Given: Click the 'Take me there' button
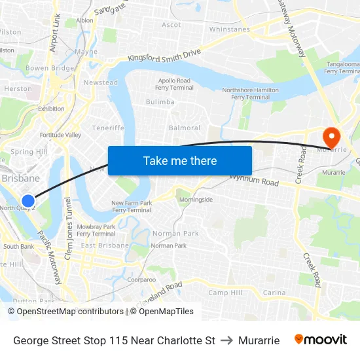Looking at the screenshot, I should [180, 160].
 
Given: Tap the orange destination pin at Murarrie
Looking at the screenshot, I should [332, 137].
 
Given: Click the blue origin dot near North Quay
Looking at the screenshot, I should [27, 201].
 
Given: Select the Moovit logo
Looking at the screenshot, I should [321, 340].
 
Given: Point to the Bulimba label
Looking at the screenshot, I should [160, 102].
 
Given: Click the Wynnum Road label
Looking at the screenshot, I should [253, 179].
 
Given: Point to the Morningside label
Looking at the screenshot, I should [196, 200].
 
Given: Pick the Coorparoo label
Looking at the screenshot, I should [141, 279].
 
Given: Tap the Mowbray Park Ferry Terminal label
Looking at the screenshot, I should [96, 230].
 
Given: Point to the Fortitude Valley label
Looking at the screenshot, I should [60, 135].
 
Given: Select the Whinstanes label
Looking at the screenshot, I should [229, 29].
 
